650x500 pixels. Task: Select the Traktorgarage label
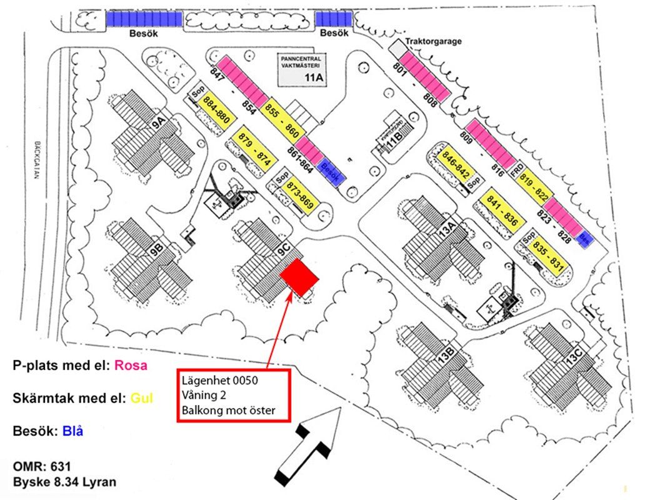pos(433,42)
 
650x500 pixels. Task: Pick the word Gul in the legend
pos(141,397)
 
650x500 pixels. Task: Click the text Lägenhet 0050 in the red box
pos(219,381)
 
